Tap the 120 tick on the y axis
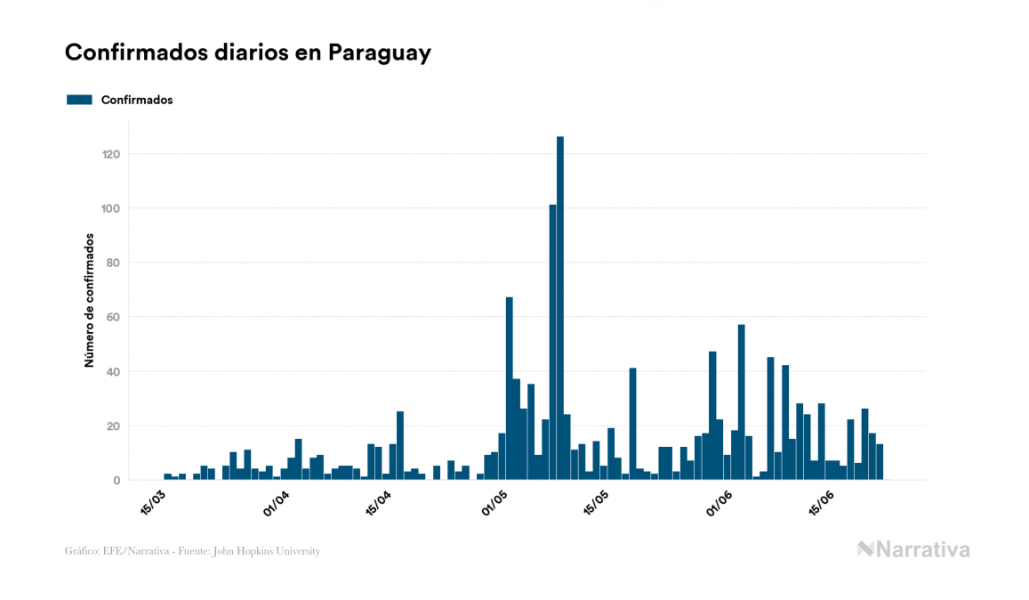(x=111, y=154)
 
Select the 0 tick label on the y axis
(x=117, y=480)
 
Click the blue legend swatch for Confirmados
(x=79, y=100)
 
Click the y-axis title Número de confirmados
(x=89, y=300)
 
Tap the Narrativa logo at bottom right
(x=913, y=549)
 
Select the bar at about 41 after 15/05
(x=632, y=424)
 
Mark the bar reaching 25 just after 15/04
(x=400, y=446)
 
